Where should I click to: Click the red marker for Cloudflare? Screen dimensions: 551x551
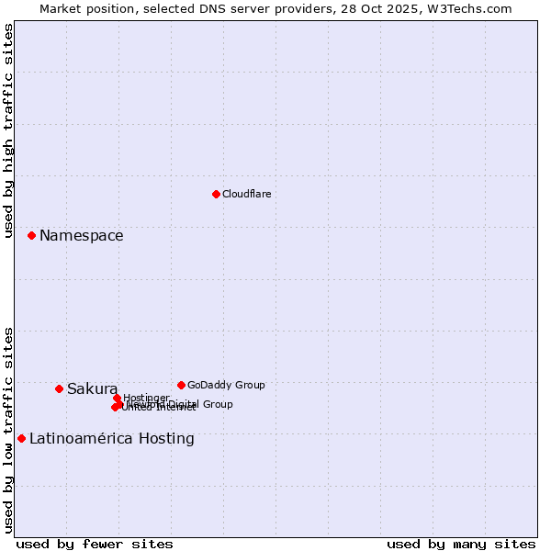[216, 194]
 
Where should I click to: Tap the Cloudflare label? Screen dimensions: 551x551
[246, 194]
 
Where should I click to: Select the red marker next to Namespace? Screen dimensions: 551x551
[31, 236]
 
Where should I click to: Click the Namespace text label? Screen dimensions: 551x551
[81, 236]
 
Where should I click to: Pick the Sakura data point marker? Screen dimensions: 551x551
[59, 388]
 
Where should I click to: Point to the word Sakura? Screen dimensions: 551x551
[92, 388]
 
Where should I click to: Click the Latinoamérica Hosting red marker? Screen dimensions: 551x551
[21, 438]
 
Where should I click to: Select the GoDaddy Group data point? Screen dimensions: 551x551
[181, 385]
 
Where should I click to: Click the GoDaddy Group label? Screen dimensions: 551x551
[226, 385]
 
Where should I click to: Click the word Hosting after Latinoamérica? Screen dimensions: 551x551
[166, 438]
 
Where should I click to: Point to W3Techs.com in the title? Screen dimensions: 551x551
[474, 8]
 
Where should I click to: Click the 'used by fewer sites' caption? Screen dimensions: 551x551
[94, 544]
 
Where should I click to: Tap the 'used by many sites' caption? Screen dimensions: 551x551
[461, 544]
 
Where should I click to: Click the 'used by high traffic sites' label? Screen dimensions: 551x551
[8, 130]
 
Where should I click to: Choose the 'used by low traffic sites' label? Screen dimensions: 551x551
[8, 429]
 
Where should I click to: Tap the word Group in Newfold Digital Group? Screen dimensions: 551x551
[217, 404]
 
